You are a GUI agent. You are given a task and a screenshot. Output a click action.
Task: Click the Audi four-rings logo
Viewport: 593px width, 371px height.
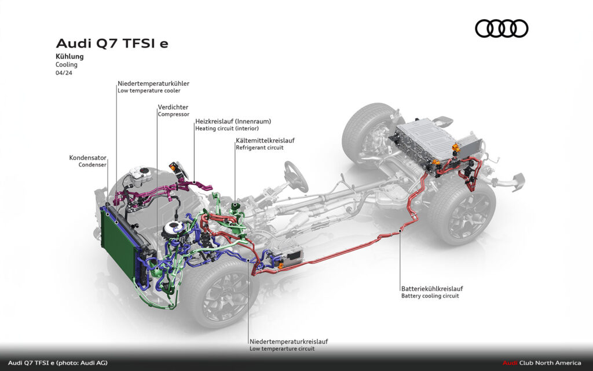tap(502, 28)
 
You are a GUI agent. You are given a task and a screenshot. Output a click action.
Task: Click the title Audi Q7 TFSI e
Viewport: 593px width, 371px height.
tap(112, 43)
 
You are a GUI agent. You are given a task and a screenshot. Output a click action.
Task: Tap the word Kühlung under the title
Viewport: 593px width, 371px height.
tap(69, 57)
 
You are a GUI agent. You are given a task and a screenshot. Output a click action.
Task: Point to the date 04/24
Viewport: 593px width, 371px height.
tap(64, 73)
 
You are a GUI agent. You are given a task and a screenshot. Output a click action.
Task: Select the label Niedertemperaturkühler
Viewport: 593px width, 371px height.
tap(153, 83)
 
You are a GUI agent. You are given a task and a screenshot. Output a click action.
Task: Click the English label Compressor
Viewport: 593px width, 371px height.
tap(173, 114)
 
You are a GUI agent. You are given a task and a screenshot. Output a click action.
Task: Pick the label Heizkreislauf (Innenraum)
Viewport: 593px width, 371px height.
tap(233, 121)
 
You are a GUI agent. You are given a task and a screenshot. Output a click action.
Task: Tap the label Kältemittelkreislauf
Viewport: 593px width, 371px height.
tap(265, 140)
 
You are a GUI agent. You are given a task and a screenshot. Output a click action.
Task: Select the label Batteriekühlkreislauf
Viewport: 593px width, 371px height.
tap(431, 288)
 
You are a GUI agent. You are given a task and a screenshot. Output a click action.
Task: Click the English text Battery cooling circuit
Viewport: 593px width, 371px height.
tap(430, 296)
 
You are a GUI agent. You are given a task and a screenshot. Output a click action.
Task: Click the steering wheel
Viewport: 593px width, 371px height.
tap(295, 176)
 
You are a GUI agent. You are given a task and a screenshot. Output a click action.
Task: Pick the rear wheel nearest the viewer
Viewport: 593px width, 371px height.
tap(463, 212)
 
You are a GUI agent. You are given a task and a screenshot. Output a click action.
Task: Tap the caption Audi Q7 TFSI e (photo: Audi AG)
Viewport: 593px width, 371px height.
tap(57, 363)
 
